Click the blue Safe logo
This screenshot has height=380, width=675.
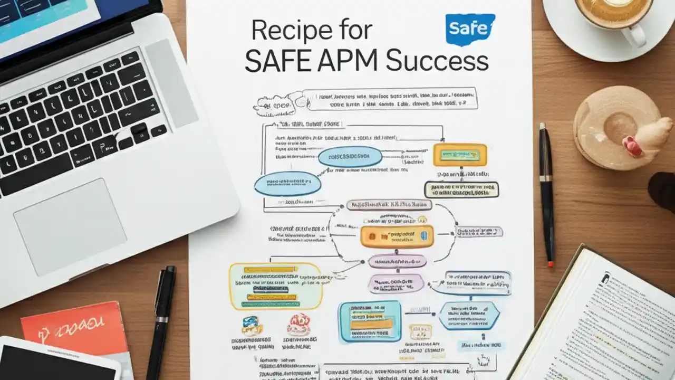(x=470, y=28)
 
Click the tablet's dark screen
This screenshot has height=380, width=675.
(x=53, y=364)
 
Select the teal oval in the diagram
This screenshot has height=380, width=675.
(x=350, y=157)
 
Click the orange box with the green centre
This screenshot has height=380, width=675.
(x=459, y=155)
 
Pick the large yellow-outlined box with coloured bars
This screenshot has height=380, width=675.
(x=276, y=286)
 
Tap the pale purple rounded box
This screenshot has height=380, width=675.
(x=396, y=283)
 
